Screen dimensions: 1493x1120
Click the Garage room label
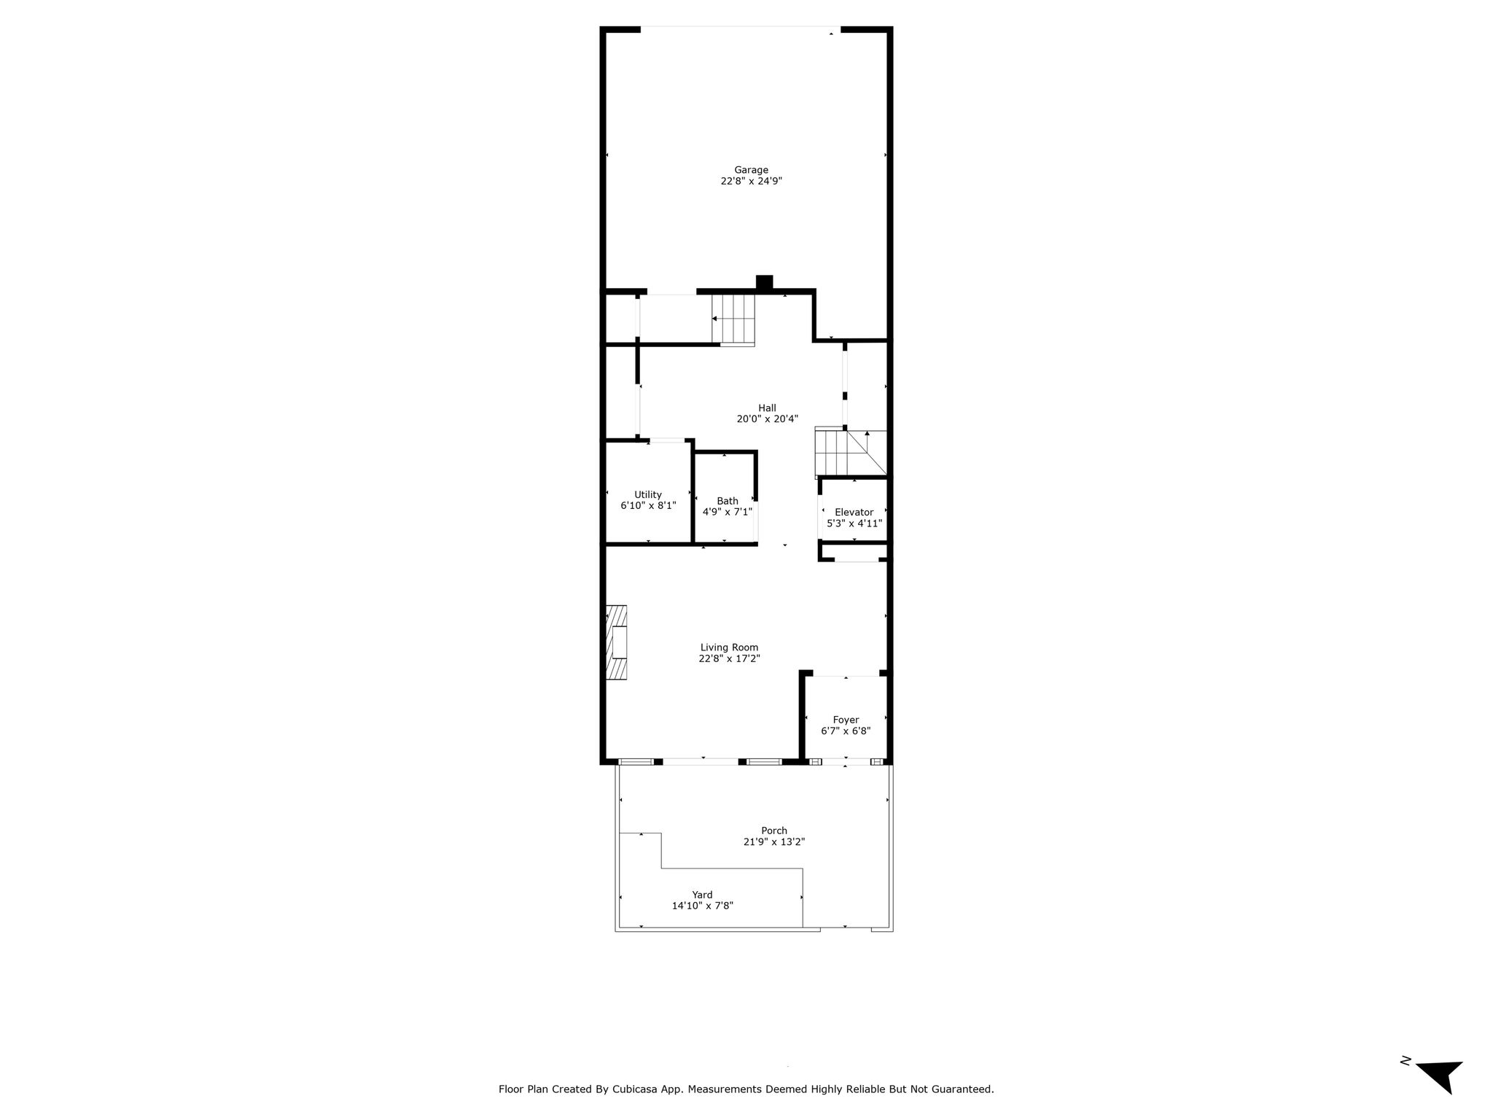click(x=751, y=170)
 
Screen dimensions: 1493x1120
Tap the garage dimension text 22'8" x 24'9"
click(x=751, y=181)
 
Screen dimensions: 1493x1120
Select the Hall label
click(x=767, y=408)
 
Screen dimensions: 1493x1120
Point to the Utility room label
click(x=648, y=494)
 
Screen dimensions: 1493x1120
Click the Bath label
click(x=728, y=501)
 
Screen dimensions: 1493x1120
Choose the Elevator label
click(x=854, y=512)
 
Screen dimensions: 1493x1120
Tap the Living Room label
click(x=729, y=647)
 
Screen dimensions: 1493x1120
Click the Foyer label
click(x=846, y=720)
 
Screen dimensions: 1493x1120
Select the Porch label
click(x=774, y=831)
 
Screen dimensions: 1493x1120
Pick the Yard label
click(x=703, y=895)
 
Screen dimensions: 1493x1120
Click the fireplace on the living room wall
click(x=617, y=643)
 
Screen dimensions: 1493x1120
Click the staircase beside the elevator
click(x=851, y=452)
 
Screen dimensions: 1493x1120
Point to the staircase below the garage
click(x=733, y=319)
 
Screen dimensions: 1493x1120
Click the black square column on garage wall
click(x=764, y=282)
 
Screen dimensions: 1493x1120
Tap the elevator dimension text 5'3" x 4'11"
click(x=854, y=524)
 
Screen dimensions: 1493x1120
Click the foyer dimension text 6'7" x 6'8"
click(x=846, y=731)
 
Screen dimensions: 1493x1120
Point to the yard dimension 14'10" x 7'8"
click(x=703, y=906)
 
